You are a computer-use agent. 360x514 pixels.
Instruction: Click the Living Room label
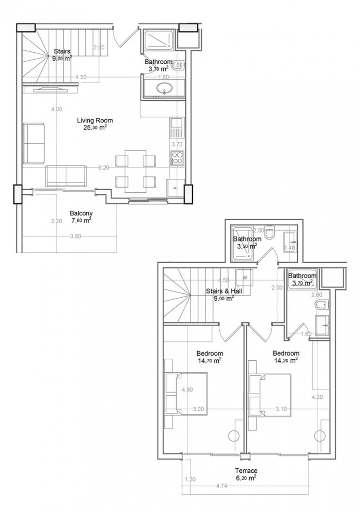pos(95,120)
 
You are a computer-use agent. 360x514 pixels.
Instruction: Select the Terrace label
pos(247,470)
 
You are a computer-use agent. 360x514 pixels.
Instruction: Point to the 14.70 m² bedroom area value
pos(210,361)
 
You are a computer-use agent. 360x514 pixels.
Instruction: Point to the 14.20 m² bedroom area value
pos(286,360)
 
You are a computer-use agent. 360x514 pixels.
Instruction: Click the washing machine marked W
pos(244,278)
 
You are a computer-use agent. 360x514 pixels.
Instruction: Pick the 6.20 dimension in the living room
pos(103,168)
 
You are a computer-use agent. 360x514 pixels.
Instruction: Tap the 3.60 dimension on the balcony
pos(75,236)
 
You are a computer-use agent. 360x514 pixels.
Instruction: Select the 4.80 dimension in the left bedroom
pos(187,390)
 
